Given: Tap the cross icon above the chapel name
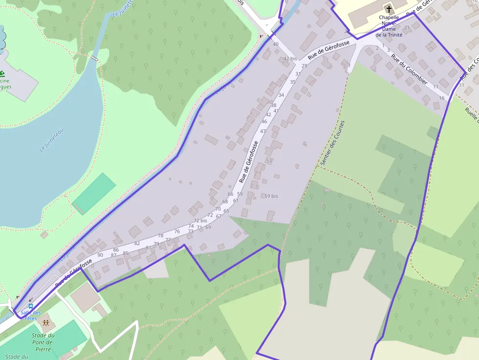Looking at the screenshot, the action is [x=389, y=9].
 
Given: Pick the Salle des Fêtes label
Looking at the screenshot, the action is [x=30, y=315].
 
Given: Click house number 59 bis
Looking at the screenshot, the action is [x=271, y=196].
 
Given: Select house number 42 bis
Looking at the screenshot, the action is [x=290, y=59].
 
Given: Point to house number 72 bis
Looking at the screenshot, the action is [x=200, y=221].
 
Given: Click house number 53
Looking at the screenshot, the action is [x=268, y=161].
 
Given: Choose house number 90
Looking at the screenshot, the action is [x=100, y=255].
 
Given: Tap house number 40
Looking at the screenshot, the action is [x=276, y=44].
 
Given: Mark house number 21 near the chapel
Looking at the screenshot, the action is [x=407, y=27].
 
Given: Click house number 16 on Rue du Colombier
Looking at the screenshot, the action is [x=441, y=98].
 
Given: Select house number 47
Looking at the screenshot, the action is [x=263, y=131].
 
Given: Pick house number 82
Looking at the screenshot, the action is [x=137, y=243].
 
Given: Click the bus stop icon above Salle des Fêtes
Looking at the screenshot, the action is [x=30, y=307].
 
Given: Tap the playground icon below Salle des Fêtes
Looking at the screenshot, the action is [x=45, y=323].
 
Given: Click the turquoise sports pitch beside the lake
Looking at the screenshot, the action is [x=94, y=193].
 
